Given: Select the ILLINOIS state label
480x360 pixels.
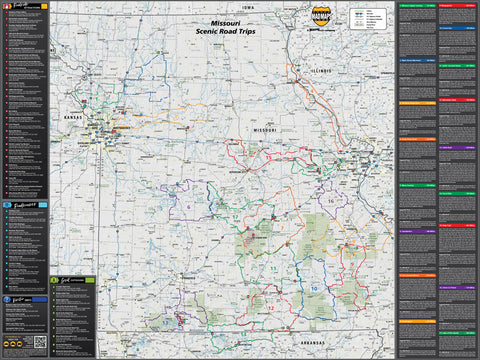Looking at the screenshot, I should [319, 71].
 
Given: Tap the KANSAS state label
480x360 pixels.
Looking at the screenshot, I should [71, 117].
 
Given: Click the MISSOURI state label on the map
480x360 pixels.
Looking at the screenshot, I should [264, 130].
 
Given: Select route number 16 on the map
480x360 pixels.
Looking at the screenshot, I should [331, 201].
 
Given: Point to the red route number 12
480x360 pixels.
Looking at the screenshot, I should [270, 308].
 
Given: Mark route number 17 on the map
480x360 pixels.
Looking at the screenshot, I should [233, 215].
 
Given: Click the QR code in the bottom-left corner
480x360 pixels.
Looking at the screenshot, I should [40, 342].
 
